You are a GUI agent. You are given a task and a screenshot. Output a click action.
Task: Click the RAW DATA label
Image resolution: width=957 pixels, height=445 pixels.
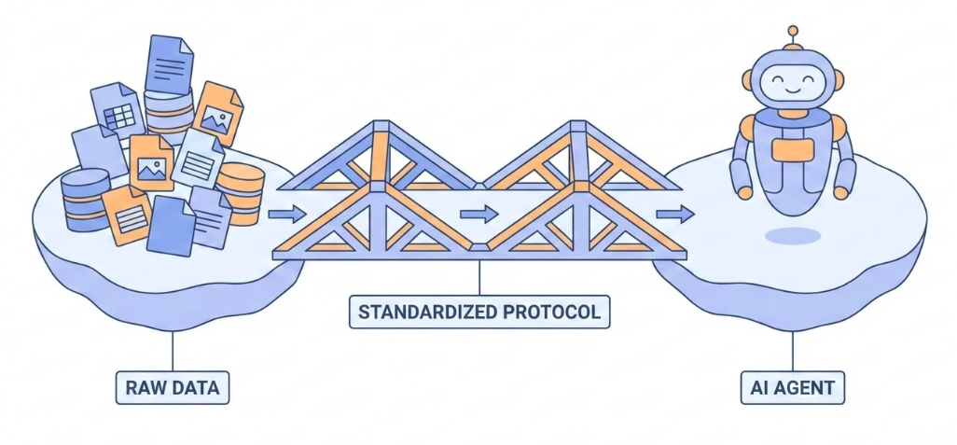pyautogui.click(x=173, y=388)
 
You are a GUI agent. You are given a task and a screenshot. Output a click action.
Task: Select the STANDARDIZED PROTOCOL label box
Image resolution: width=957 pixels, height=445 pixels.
pyautogui.click(x=479, y=310)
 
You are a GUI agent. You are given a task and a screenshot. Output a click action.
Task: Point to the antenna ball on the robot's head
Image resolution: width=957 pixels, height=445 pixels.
pyautogui.click(x=793, y=32)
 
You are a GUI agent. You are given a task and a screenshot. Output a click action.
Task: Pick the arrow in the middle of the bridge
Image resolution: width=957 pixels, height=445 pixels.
pyautogui.click(x=478, y=214)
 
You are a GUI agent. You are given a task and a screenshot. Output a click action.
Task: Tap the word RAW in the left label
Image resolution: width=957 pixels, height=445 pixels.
pyautogui.click(x=145, y=388)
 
